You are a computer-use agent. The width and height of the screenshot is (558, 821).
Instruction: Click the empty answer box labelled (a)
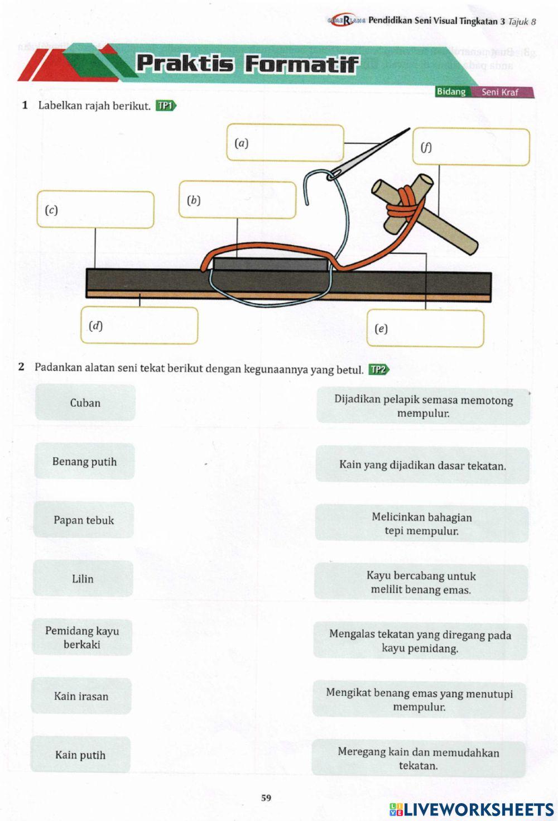click(x=285, y=143)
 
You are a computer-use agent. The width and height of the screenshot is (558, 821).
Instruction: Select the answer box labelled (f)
click(x=471, y=147)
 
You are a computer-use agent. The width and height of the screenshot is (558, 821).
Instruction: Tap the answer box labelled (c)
click(x=95, y=210)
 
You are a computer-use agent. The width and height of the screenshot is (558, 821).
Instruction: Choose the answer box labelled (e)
click(x=425, y=329)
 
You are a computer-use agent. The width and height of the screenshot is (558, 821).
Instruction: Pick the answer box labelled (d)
click(x=139, y=325)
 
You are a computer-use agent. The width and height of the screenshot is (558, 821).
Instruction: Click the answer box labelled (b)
click(x=238, y=200)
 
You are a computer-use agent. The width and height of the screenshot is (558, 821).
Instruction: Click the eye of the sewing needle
click(x=333, y=174)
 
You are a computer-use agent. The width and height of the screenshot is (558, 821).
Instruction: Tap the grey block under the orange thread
click(x=270, y=264)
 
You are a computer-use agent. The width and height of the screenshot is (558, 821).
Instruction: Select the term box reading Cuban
click(x=85, y=402)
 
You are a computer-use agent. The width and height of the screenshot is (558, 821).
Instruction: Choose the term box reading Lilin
click(x=83, y=579)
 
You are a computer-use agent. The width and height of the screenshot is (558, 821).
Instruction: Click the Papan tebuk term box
click(x=84, y=520)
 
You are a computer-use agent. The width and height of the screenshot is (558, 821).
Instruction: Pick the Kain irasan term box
click(x=81, y=696)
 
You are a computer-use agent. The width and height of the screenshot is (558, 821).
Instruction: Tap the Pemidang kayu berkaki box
click(x=82, y=637)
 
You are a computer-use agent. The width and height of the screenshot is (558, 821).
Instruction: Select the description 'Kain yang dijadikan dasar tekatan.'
click(x=422, y=465)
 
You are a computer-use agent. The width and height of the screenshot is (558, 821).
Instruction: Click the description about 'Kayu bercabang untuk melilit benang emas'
click(x=421, y=583)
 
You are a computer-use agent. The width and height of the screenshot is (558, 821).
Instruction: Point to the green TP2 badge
click(x=378, y=369)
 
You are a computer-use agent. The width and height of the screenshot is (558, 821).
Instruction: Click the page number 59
click(x=266, y=798)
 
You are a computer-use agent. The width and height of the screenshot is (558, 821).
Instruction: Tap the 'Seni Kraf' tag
click(x=500, y=92)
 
